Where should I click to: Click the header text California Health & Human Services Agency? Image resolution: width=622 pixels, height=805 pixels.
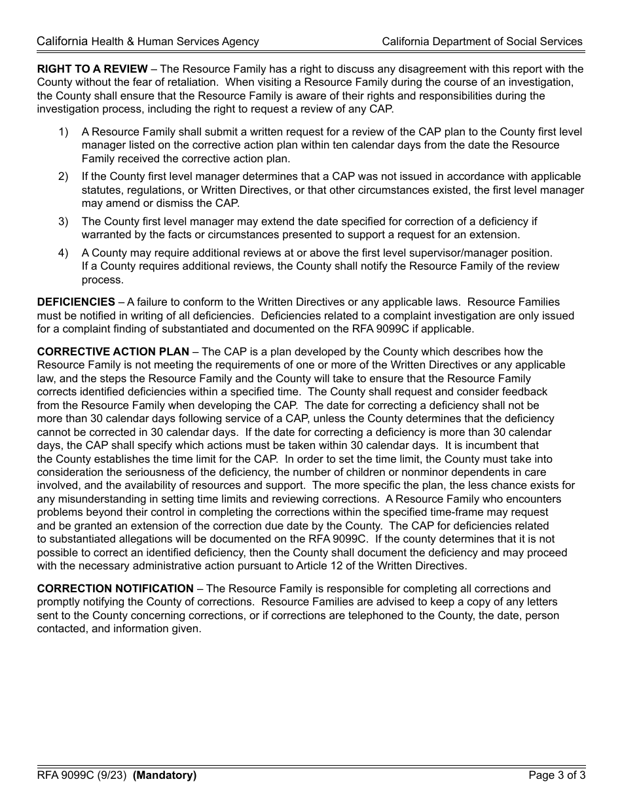pyautogui.click(x=148, y=41)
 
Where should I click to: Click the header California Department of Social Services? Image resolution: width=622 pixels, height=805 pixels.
pyautogui.click(x=482, y=41)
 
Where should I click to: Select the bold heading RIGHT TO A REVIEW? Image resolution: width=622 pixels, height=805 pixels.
pyautogui.click(x=92, y=69)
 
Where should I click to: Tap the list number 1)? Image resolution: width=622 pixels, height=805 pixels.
pyautogui.click(x=64, y=132)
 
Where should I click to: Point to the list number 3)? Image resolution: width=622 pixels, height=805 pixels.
pyautogui.click(x=64, y=221)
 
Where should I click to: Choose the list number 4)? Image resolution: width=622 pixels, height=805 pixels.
pyautogui.click(x=64, y=253)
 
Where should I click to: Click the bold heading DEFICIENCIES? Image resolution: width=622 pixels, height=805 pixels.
pyautogui.click(x=76, y=302)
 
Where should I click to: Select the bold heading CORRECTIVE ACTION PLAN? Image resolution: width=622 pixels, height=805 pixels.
pyautogui.click(x=113, y=351)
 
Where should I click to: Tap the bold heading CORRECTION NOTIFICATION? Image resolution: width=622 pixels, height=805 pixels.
pyautogui.click(x=115, y=588)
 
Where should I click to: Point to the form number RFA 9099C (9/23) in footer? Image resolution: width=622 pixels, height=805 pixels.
pyautogui.click(x=82, y=776)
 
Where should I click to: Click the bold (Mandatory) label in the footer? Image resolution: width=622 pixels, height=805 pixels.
pyautogui.click(x=164, y=776)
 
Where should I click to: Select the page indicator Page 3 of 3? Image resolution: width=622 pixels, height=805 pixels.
pyautogui.click(x=557, y=776)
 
